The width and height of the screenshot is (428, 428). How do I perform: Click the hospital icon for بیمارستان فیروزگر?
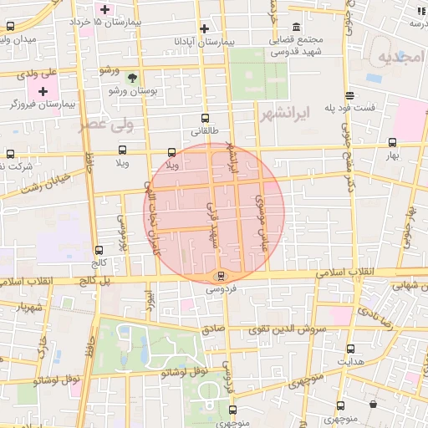click(x=43, y=89)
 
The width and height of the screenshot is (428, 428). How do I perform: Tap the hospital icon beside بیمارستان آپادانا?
click(x=204, y=28)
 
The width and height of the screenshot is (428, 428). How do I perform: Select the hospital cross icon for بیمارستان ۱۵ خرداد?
click(x=104, y=9)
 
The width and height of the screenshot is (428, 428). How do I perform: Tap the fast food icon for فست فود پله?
click(x=349, y=94)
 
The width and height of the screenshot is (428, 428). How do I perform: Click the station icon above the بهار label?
click(x=392, y=142)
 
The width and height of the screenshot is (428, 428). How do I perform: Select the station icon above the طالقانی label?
click(x=205, y=119)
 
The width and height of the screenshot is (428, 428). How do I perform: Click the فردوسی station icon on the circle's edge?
click(x=221, y=276)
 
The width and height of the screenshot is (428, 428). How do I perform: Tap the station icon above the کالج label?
click(x=99, y=250)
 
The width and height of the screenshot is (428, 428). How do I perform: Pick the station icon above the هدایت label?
click(x=349, y=349)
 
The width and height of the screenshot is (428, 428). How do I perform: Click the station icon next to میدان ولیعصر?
click(x=10, y=26)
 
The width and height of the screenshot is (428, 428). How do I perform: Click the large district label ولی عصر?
click(x=106, y=125)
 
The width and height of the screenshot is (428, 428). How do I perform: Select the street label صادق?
click(x=213, y=329)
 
